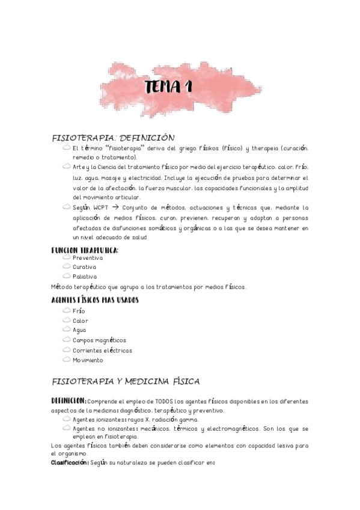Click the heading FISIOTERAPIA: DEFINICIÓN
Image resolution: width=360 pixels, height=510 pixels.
pos(114,138)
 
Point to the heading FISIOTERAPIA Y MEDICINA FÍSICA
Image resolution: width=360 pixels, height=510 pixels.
pos(126,381)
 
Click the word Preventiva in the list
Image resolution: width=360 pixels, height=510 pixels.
pos(88,257)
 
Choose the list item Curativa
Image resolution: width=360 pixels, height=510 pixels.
pos(85,267)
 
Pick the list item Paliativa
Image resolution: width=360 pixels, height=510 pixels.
pos(85,277)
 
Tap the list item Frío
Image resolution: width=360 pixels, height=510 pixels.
pos(79,311)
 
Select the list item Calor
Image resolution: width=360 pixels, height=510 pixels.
pos(81,321)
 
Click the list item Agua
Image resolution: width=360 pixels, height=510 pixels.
pos(79,330)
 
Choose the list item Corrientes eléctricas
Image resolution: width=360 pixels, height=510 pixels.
pos(102,350)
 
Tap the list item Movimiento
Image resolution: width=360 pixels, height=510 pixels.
pos(88,360)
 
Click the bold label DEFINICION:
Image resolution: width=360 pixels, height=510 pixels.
pos(69,401)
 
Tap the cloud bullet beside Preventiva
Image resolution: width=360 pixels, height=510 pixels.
pos(66,257)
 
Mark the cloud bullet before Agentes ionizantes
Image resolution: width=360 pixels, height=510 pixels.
pos(66,419)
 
